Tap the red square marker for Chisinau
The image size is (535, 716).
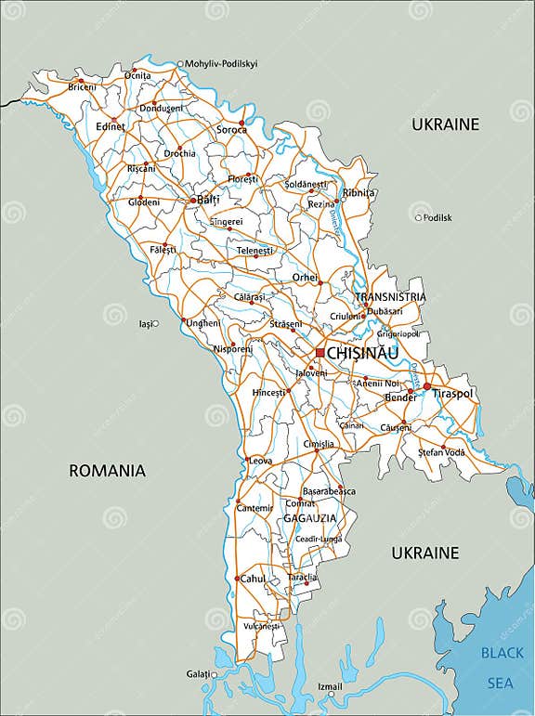[320, 353]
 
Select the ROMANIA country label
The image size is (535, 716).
[108, 471]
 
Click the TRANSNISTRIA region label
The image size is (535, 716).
[390, 297]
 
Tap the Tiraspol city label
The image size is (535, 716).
[453, 394]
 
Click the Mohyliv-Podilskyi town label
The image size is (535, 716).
[222, 64]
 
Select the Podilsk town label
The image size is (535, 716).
[437, 217]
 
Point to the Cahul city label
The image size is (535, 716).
[254, 579]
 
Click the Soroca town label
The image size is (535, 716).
[232, 130]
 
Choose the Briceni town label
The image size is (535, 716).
[82, 87]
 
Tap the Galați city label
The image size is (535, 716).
[198, 673]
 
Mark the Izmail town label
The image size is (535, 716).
[331, 687]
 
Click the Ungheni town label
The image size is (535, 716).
[203, 323]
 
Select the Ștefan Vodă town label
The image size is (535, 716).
[441, 452]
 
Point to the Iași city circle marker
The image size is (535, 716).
[155, 324]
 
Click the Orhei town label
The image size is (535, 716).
[305, 277]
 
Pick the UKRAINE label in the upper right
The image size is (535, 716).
[445, 124]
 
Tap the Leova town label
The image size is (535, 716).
[261, 461]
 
